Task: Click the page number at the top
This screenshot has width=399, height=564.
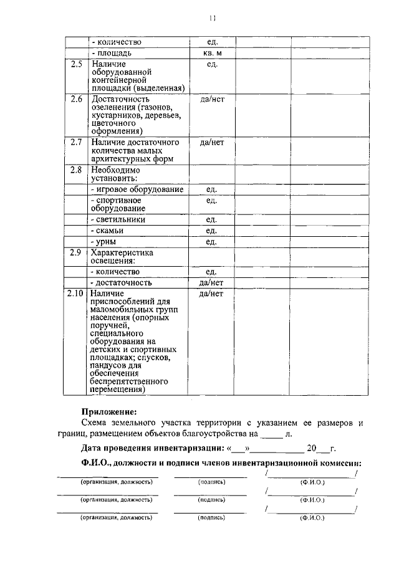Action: point(212,19)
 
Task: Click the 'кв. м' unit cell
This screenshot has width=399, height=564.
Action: point(212,54)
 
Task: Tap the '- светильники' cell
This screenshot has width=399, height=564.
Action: point(118,220)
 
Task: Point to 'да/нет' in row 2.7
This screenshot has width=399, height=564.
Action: point(212,142)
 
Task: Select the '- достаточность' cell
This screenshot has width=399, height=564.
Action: point(121,283)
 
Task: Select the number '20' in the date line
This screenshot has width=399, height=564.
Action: point(311,448)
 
